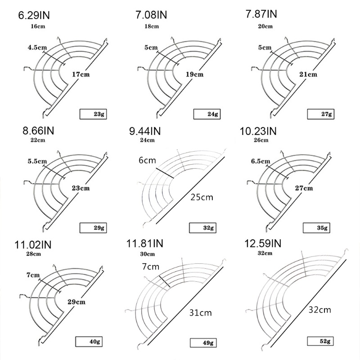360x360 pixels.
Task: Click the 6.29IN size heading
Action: coord(34,15)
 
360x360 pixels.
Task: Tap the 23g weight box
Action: coord(93,114)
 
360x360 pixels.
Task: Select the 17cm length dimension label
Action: coord(81,74)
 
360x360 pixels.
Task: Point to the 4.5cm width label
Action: coord(37,48)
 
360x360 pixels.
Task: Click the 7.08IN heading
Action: coord(151,15)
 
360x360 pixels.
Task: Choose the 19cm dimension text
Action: coord(194,74)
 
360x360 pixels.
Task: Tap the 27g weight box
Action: coord(321,114)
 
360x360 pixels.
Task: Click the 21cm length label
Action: coord(308,74)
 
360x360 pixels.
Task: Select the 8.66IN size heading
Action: coord(38,130)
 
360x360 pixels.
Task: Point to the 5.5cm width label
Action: coord(37,161)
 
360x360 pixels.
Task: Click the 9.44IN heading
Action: coord(145,131)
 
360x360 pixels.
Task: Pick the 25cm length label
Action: coord(202,198)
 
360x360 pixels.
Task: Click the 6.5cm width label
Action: coord(261,161)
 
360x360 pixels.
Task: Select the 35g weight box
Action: coord(316,228)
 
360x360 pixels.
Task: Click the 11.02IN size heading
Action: coord(33,245)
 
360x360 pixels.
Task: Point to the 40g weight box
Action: coord(89,342)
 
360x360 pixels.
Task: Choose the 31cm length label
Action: coord(200,313)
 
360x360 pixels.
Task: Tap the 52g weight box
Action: coord(320,341)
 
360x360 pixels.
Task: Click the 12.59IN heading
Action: coord(263,243)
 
